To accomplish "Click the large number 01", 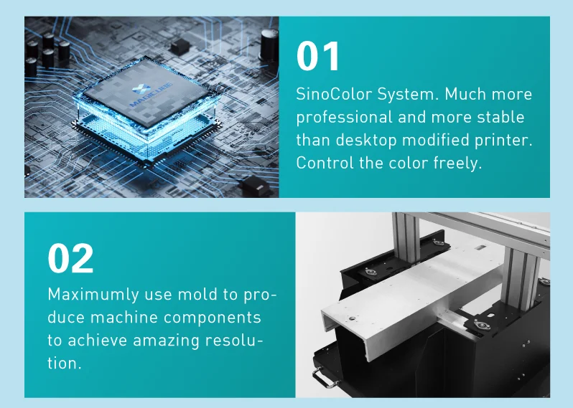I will pyautogui.click(x=318, y=57).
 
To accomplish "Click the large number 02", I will pyautogui.click(x=70, y=259).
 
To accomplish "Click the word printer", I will pyautogui.click(x=507, y=139).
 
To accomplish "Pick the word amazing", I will pyautogui.click(x=169, y=340).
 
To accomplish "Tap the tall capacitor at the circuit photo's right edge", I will pyautogui.click(x=270, y=43).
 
